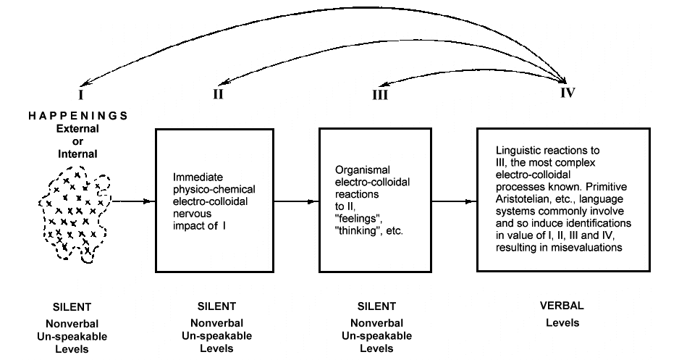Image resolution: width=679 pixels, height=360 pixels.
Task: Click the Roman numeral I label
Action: [x=82, y=93]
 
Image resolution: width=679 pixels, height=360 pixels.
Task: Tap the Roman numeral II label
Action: [x=218, y=93]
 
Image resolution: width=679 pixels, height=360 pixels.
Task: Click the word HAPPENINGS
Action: [x=78, y=116]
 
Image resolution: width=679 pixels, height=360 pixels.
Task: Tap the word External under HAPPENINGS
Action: [x=77, y=128]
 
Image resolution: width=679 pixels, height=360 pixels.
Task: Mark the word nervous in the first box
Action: [x=191, y=214]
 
